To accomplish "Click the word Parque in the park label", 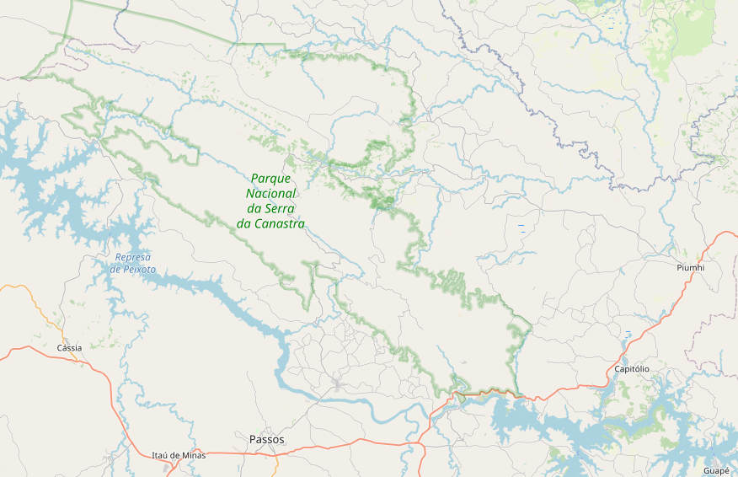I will pyautogui.click(x=270, y=179).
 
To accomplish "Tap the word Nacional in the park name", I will pyautogui.click(x=270, y=193).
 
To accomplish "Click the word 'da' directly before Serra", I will pyautogui.click(x=254, y=208).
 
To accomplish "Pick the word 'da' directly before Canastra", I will pyautogui.click(x=244, y=223).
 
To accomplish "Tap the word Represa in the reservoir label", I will pyautogui.click(x=133, y=257).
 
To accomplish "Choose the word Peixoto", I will pyautogui.click(x=140, y=269).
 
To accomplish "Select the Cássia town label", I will pyautogui.click(x=69, y=347).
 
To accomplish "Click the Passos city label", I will pyautogui.click(x=267, y=440).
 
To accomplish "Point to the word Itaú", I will pyautogui.click(x=162, y=455).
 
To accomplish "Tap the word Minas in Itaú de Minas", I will pyautogui.click(x=193, y=455).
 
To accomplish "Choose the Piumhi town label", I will pyautogui.click(x=690, y=267).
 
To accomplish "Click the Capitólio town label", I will pyautogui.click(x=632, y=369).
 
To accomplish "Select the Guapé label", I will pyautogui.click(x=716, y=470).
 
